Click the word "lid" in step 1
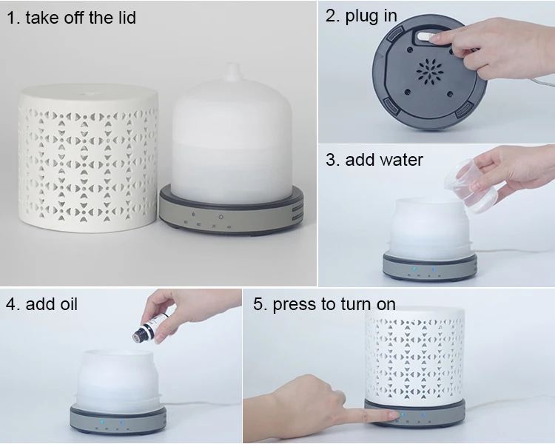point(125,18)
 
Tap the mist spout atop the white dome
point(233,73)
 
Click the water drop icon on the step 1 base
point(193,214)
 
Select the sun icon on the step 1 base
point(221,217)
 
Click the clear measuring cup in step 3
point(471,186)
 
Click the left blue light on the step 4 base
point(102,423)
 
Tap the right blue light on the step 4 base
point(122,423)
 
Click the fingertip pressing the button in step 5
point(396,415)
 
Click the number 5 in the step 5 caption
point(258,304)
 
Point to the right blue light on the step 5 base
point(423,414)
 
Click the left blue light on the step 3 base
point(414,269)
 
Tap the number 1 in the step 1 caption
point(11,18)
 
